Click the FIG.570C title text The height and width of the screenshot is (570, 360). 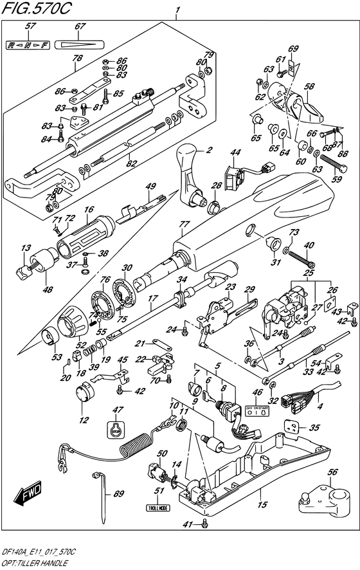click(x=38, y=9)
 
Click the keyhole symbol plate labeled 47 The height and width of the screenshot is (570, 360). click(x=116, y=430)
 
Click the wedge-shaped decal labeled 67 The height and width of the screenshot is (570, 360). click(x=79, y=45)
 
